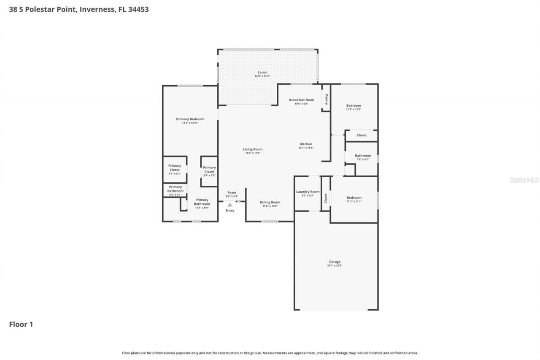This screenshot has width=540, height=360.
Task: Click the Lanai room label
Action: [x=262, y=73]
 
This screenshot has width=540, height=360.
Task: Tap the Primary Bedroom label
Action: [x=190, y=119]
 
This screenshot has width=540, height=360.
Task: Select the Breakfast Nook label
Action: [x=301, y=100]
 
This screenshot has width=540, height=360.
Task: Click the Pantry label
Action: [x=326, y=100]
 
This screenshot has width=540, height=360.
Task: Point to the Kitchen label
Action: [x=306, y=144]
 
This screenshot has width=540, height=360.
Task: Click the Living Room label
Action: [x=253, y=149]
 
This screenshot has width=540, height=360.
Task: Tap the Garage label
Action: [x=335, y=262]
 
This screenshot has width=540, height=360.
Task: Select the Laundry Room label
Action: [x=308, y=192]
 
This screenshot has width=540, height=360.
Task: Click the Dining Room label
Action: [x=270, y=203]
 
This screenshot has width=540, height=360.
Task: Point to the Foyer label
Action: [x=232, y=193]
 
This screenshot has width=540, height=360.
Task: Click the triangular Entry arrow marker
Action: [x=229, y=205]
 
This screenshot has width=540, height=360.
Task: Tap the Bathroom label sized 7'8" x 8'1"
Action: [x=363, y=156]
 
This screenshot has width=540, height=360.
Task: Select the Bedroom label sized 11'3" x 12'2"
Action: [x=354, y=106]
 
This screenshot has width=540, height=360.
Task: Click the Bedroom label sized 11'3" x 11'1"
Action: [x=354, y=198]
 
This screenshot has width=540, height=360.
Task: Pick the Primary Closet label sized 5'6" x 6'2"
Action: [x=175, y=168]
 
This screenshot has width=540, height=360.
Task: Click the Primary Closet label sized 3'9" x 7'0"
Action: [x=209, y=170]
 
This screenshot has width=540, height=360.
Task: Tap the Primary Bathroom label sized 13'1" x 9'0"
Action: [x=202, y=202]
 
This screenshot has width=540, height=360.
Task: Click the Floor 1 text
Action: [x=21, y=325]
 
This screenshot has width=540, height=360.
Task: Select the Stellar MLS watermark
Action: [x=524, y=180]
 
